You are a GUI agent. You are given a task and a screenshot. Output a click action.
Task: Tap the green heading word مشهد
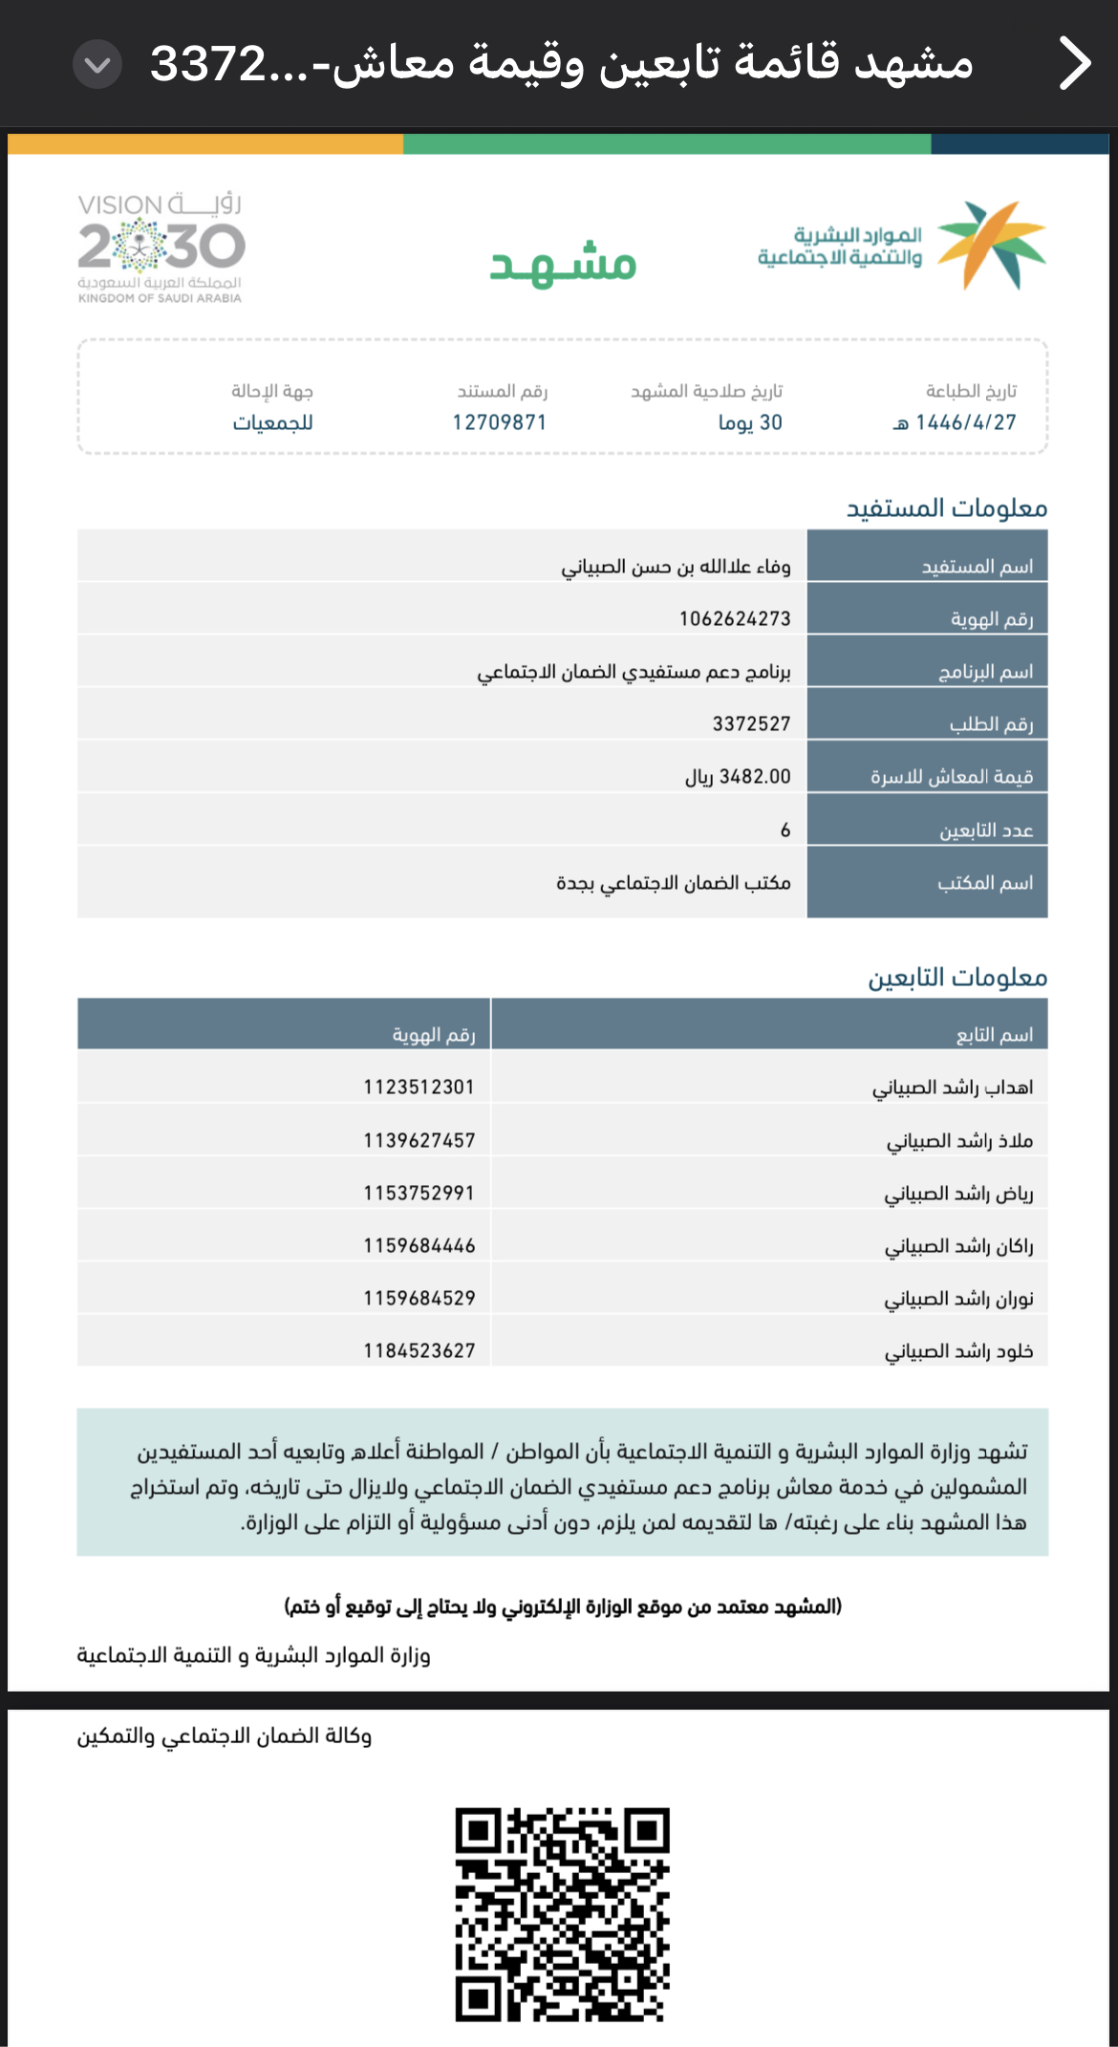[563, 264]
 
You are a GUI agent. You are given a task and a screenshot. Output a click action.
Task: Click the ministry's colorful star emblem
[991, 245]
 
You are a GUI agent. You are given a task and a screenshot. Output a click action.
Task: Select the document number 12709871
[500, 422]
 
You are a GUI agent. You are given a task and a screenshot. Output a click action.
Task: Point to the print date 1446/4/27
[965, 422]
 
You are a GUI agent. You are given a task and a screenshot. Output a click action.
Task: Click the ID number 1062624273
[735, 619]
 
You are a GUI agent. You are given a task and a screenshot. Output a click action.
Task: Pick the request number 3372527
[751, 724]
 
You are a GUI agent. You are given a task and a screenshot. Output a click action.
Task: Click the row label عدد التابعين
[986, 830]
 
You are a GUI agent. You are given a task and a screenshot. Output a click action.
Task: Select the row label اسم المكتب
[985, 883]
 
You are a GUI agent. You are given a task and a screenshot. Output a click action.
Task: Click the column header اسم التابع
[995, 1035]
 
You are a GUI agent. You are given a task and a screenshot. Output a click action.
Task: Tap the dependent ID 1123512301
[419, 1088]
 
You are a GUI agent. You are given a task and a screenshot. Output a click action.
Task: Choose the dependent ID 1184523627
[419, 1351]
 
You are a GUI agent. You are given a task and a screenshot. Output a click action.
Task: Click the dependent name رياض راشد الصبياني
[958, 1194]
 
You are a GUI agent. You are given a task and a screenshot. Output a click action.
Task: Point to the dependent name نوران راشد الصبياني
[958, 1299]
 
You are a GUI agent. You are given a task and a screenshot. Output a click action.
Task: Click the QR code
[562, 1914]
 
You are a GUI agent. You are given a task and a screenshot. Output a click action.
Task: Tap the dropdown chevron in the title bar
[97, 65]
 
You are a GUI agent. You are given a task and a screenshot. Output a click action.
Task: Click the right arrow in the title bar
[1075, 64]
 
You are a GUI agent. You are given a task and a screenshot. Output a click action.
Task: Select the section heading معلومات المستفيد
[946, 508]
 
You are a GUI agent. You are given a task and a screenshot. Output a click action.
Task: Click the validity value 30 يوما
[750, 422]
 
